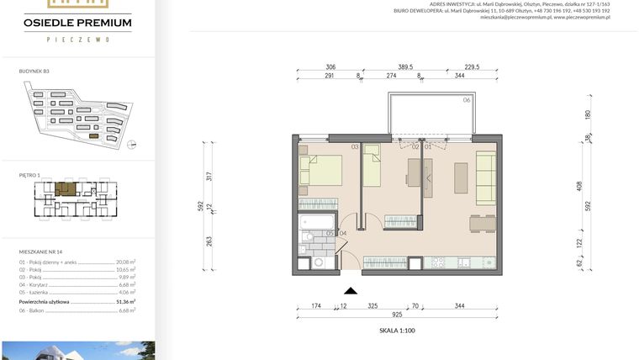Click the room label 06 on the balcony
click(467, 100)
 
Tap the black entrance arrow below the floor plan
click(351, 290)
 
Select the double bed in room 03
click(321, 169)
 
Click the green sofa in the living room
click(485, 177)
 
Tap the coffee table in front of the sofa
click(461, 177)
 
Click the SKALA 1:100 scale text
click(397, 331)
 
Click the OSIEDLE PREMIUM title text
click(77, 23)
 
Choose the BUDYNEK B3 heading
click(34, 71)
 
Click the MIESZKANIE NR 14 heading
click(42, 251)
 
